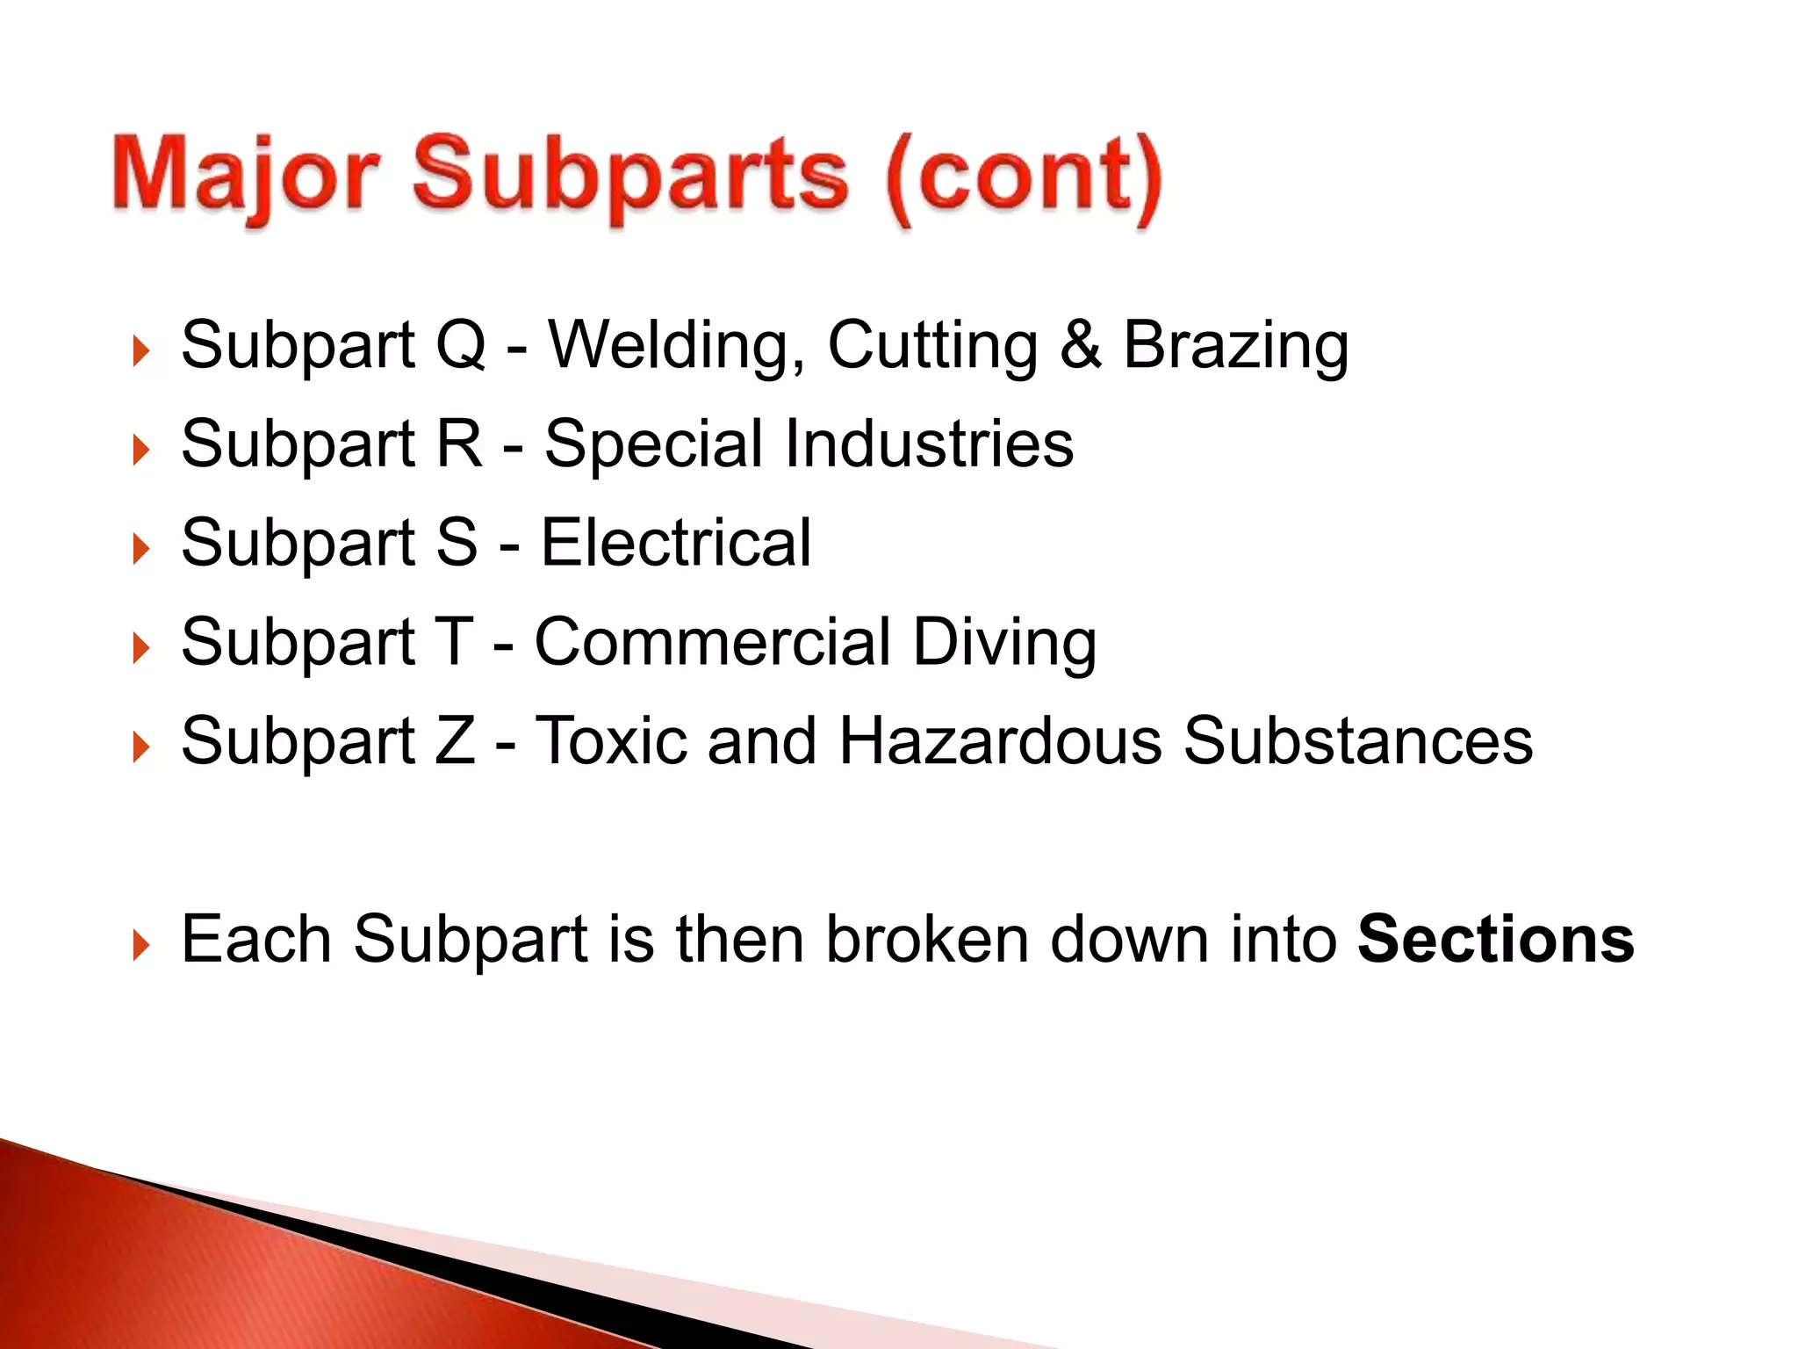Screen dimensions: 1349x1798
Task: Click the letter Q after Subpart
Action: (x=460, y=344)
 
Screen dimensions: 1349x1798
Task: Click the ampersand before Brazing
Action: (x=1080, y=344)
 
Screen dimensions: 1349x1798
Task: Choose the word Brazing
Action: (x=1235, y=346)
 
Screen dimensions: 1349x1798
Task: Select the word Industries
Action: (x=929, y=444)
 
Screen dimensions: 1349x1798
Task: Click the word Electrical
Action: (x=675, y=543)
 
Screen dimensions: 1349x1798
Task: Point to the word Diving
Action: (x=1004, y=644)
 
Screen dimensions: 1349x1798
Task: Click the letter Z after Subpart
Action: (x=455, y=741)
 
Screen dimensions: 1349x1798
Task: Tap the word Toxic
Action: (x=611, y=741)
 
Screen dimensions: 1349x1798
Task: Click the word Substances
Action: (x=1357, y=741)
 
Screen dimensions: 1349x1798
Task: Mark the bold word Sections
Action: (x=1495, y=940)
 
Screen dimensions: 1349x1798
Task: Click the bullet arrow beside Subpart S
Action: (x=140, y=550)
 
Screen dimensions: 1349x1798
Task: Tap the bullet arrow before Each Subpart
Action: (x=140, y=947)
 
